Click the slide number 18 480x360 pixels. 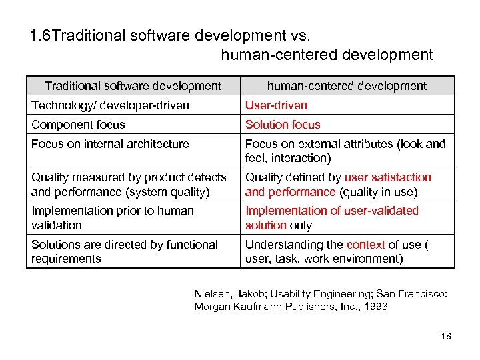coord(446,336)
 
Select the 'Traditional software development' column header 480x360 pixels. coord(133,85)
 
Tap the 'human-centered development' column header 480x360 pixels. coord(347,85)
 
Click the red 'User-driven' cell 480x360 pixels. coord(276,105)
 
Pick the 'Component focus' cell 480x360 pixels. coord(78,125)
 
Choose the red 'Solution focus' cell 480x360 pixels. coord(283,125)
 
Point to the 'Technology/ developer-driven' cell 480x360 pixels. coord(110,105)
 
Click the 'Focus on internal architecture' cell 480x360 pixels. coord(110,144)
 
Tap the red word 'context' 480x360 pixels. coord(366,245)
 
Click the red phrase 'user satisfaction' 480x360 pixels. coord(388,177)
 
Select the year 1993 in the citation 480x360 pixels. coord(375,307)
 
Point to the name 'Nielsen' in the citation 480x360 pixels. coord(212,293)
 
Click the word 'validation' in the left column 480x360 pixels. coord(57,225)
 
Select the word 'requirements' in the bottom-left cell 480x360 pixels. coord(66,259)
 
